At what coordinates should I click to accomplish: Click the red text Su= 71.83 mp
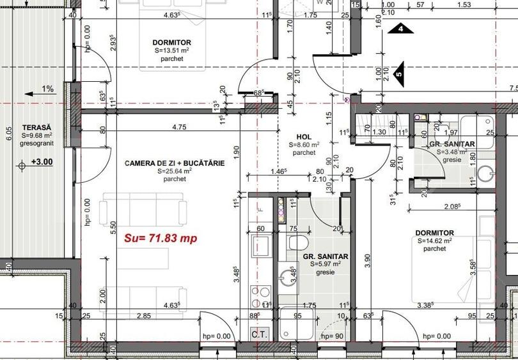click(x=160, y=239)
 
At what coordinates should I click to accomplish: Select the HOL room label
click(x=304, y=137)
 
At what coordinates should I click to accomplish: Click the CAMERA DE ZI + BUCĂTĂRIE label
click(x=175, y=164)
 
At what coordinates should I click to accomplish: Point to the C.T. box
click(x=259, y=334)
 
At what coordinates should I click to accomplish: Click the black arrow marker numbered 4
click(x=401, y=28)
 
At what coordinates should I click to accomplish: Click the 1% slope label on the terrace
click(x=48, y=89)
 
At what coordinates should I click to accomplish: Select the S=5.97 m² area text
click(x=326, y=264)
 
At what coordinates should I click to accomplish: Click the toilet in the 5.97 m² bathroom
click(x=298, y=244)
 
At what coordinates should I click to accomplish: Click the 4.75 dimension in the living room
click(x=178, y=127)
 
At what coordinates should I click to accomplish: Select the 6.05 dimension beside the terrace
click(x=8, y=134)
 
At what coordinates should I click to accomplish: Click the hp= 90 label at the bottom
click(x=333, y=336)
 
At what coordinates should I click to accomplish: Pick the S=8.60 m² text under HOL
click(x=304, y=145)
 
